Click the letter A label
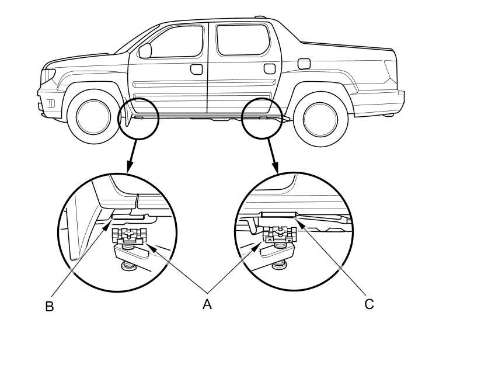[207, 304]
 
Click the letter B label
[50, 307]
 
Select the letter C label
[368, 304]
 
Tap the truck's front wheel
[93, 116]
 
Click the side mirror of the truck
[145, 50]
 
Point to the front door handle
[196, 70]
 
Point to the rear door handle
[270, 69]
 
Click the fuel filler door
[304, 63]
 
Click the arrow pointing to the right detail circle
[272, 156]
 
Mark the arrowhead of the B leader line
[108, 220]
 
